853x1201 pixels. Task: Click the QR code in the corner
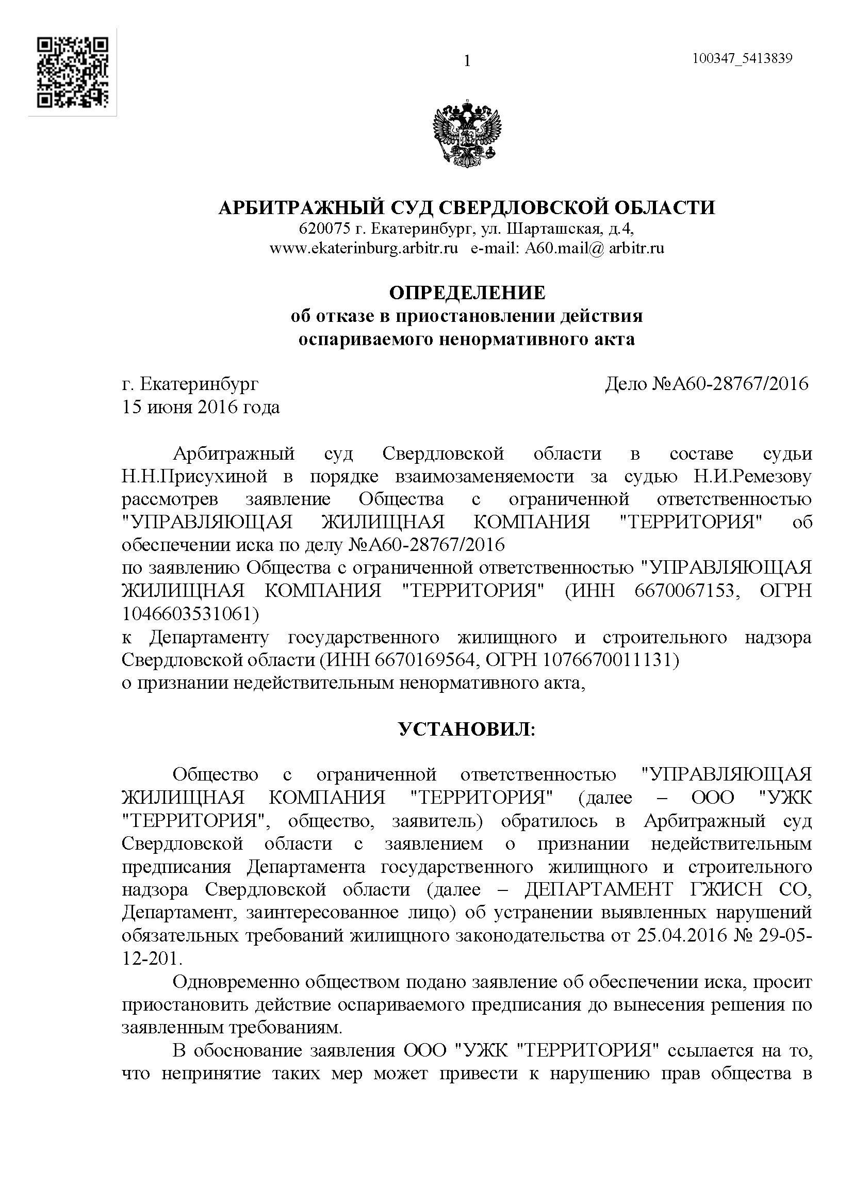point(73,72)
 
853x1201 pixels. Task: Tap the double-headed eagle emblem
point(466,135)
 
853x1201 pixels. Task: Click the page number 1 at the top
point(467,61)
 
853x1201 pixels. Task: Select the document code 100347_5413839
point(742,58)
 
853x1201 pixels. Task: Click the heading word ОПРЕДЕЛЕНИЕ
point(466,292)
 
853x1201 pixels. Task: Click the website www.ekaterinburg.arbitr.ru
point(364,248)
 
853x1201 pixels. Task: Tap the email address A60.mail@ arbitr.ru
point(595,248)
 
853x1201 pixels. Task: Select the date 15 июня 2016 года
point(201,407)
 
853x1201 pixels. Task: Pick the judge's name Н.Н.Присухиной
point(194,477)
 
